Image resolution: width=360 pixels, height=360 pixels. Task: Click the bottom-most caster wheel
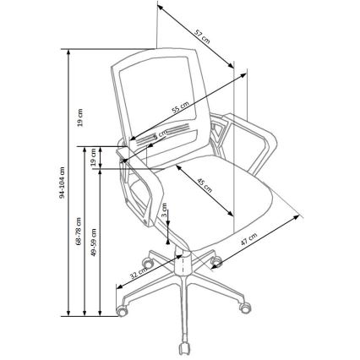(183, 347)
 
